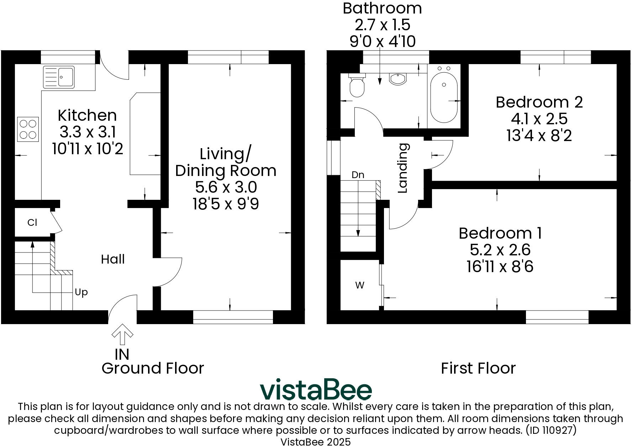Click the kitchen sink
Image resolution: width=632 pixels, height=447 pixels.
coord(59,77)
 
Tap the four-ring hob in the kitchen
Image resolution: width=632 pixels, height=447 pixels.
coord(28,129)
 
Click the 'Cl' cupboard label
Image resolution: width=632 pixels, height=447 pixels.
coord(32,223)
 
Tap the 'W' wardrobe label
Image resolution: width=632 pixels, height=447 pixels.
coord(360,285)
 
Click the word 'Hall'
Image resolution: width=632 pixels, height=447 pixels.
coord(113,259)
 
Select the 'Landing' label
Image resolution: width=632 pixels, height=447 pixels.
coord(402,168)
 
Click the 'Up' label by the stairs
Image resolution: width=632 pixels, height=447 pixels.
coord(81,292)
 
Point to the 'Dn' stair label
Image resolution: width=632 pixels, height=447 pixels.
coord(358,175)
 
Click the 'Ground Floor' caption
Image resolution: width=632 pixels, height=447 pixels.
coord(153,368)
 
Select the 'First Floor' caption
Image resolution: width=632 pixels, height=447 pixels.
coord(478,368)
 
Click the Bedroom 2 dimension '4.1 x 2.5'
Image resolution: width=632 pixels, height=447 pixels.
coord(539,119)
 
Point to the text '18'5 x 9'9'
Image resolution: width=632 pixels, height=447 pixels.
coord(226,204)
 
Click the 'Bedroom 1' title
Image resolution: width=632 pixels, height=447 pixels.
coord(500,233)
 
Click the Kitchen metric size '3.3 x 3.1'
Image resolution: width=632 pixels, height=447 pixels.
coord(87,132)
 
